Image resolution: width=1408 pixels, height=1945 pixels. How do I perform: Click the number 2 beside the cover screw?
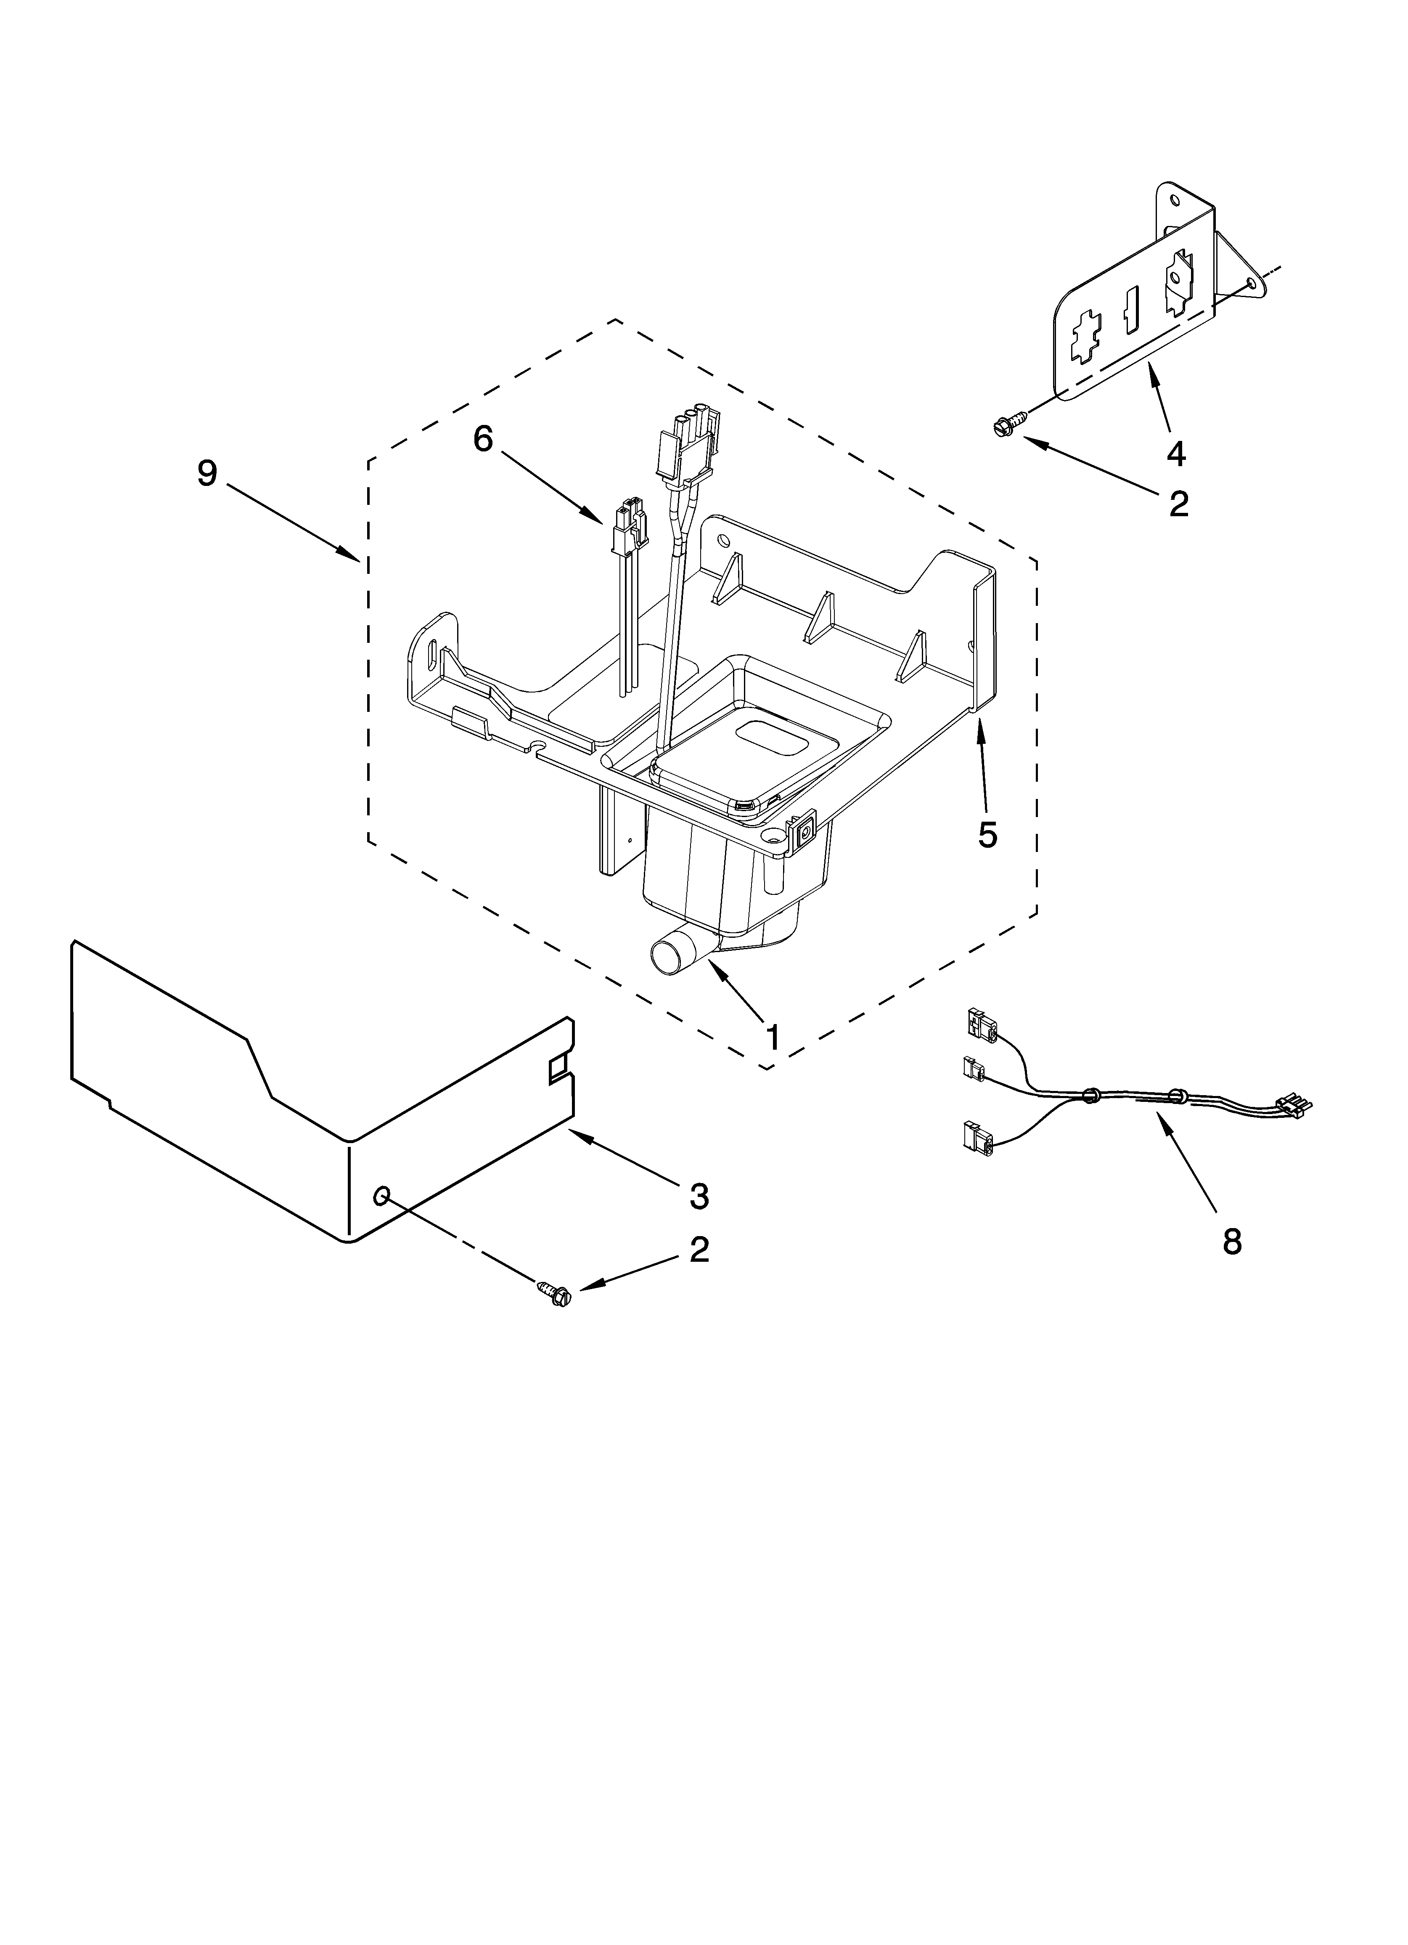point(699,1250)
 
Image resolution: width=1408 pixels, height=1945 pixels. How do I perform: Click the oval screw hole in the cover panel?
point(381,1194)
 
